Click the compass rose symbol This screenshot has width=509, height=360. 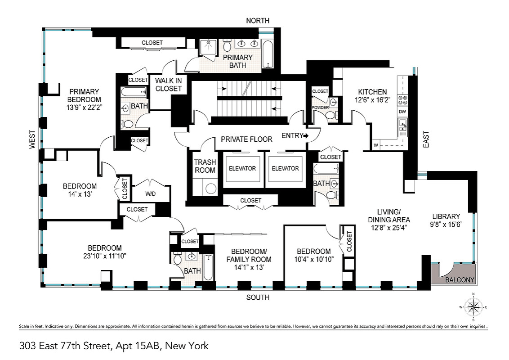click(x=473, y=307)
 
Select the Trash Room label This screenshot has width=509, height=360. click(x=205, y=166)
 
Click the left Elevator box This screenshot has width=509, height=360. click(x=242, y=169)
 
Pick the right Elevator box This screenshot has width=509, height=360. click(x=286, y=169)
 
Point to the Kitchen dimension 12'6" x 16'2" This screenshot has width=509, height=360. click(x=373, y=100)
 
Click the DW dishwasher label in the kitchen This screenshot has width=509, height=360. click(x=402, y=112)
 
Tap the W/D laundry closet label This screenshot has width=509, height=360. click(x=150, y=194)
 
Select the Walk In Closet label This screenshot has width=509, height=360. click(x=169, y=85)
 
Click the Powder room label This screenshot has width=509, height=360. click(x=320, y=108)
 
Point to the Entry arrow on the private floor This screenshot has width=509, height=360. click(x=305, y=136)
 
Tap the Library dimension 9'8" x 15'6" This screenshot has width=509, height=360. click(x=446, y=225)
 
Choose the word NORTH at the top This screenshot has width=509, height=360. click(x=258, y=21)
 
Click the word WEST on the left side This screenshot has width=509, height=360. click(x=32, y=139)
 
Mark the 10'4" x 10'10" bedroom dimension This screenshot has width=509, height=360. click(x=314, y=259)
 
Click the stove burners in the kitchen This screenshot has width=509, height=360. click(x=403, y=100)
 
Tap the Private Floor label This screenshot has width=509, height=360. click(x=247, y=139)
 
